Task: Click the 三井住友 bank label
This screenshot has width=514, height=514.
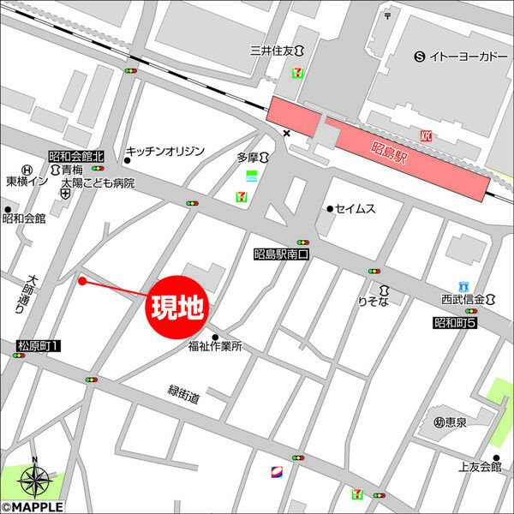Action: click(x=272, y=50)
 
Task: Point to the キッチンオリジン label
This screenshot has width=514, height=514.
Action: click(x=165, y=151)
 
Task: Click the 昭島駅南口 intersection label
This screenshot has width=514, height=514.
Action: click(x=280, y=254)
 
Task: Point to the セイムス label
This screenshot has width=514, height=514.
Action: click(x=355, y=208)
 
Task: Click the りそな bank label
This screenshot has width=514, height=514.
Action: click(x=374, y=302)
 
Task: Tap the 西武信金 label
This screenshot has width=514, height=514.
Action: click(x=463, y=300)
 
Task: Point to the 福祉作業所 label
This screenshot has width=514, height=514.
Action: click(x=216, y=347)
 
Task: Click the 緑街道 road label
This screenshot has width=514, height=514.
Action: click(x=183, y=396)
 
